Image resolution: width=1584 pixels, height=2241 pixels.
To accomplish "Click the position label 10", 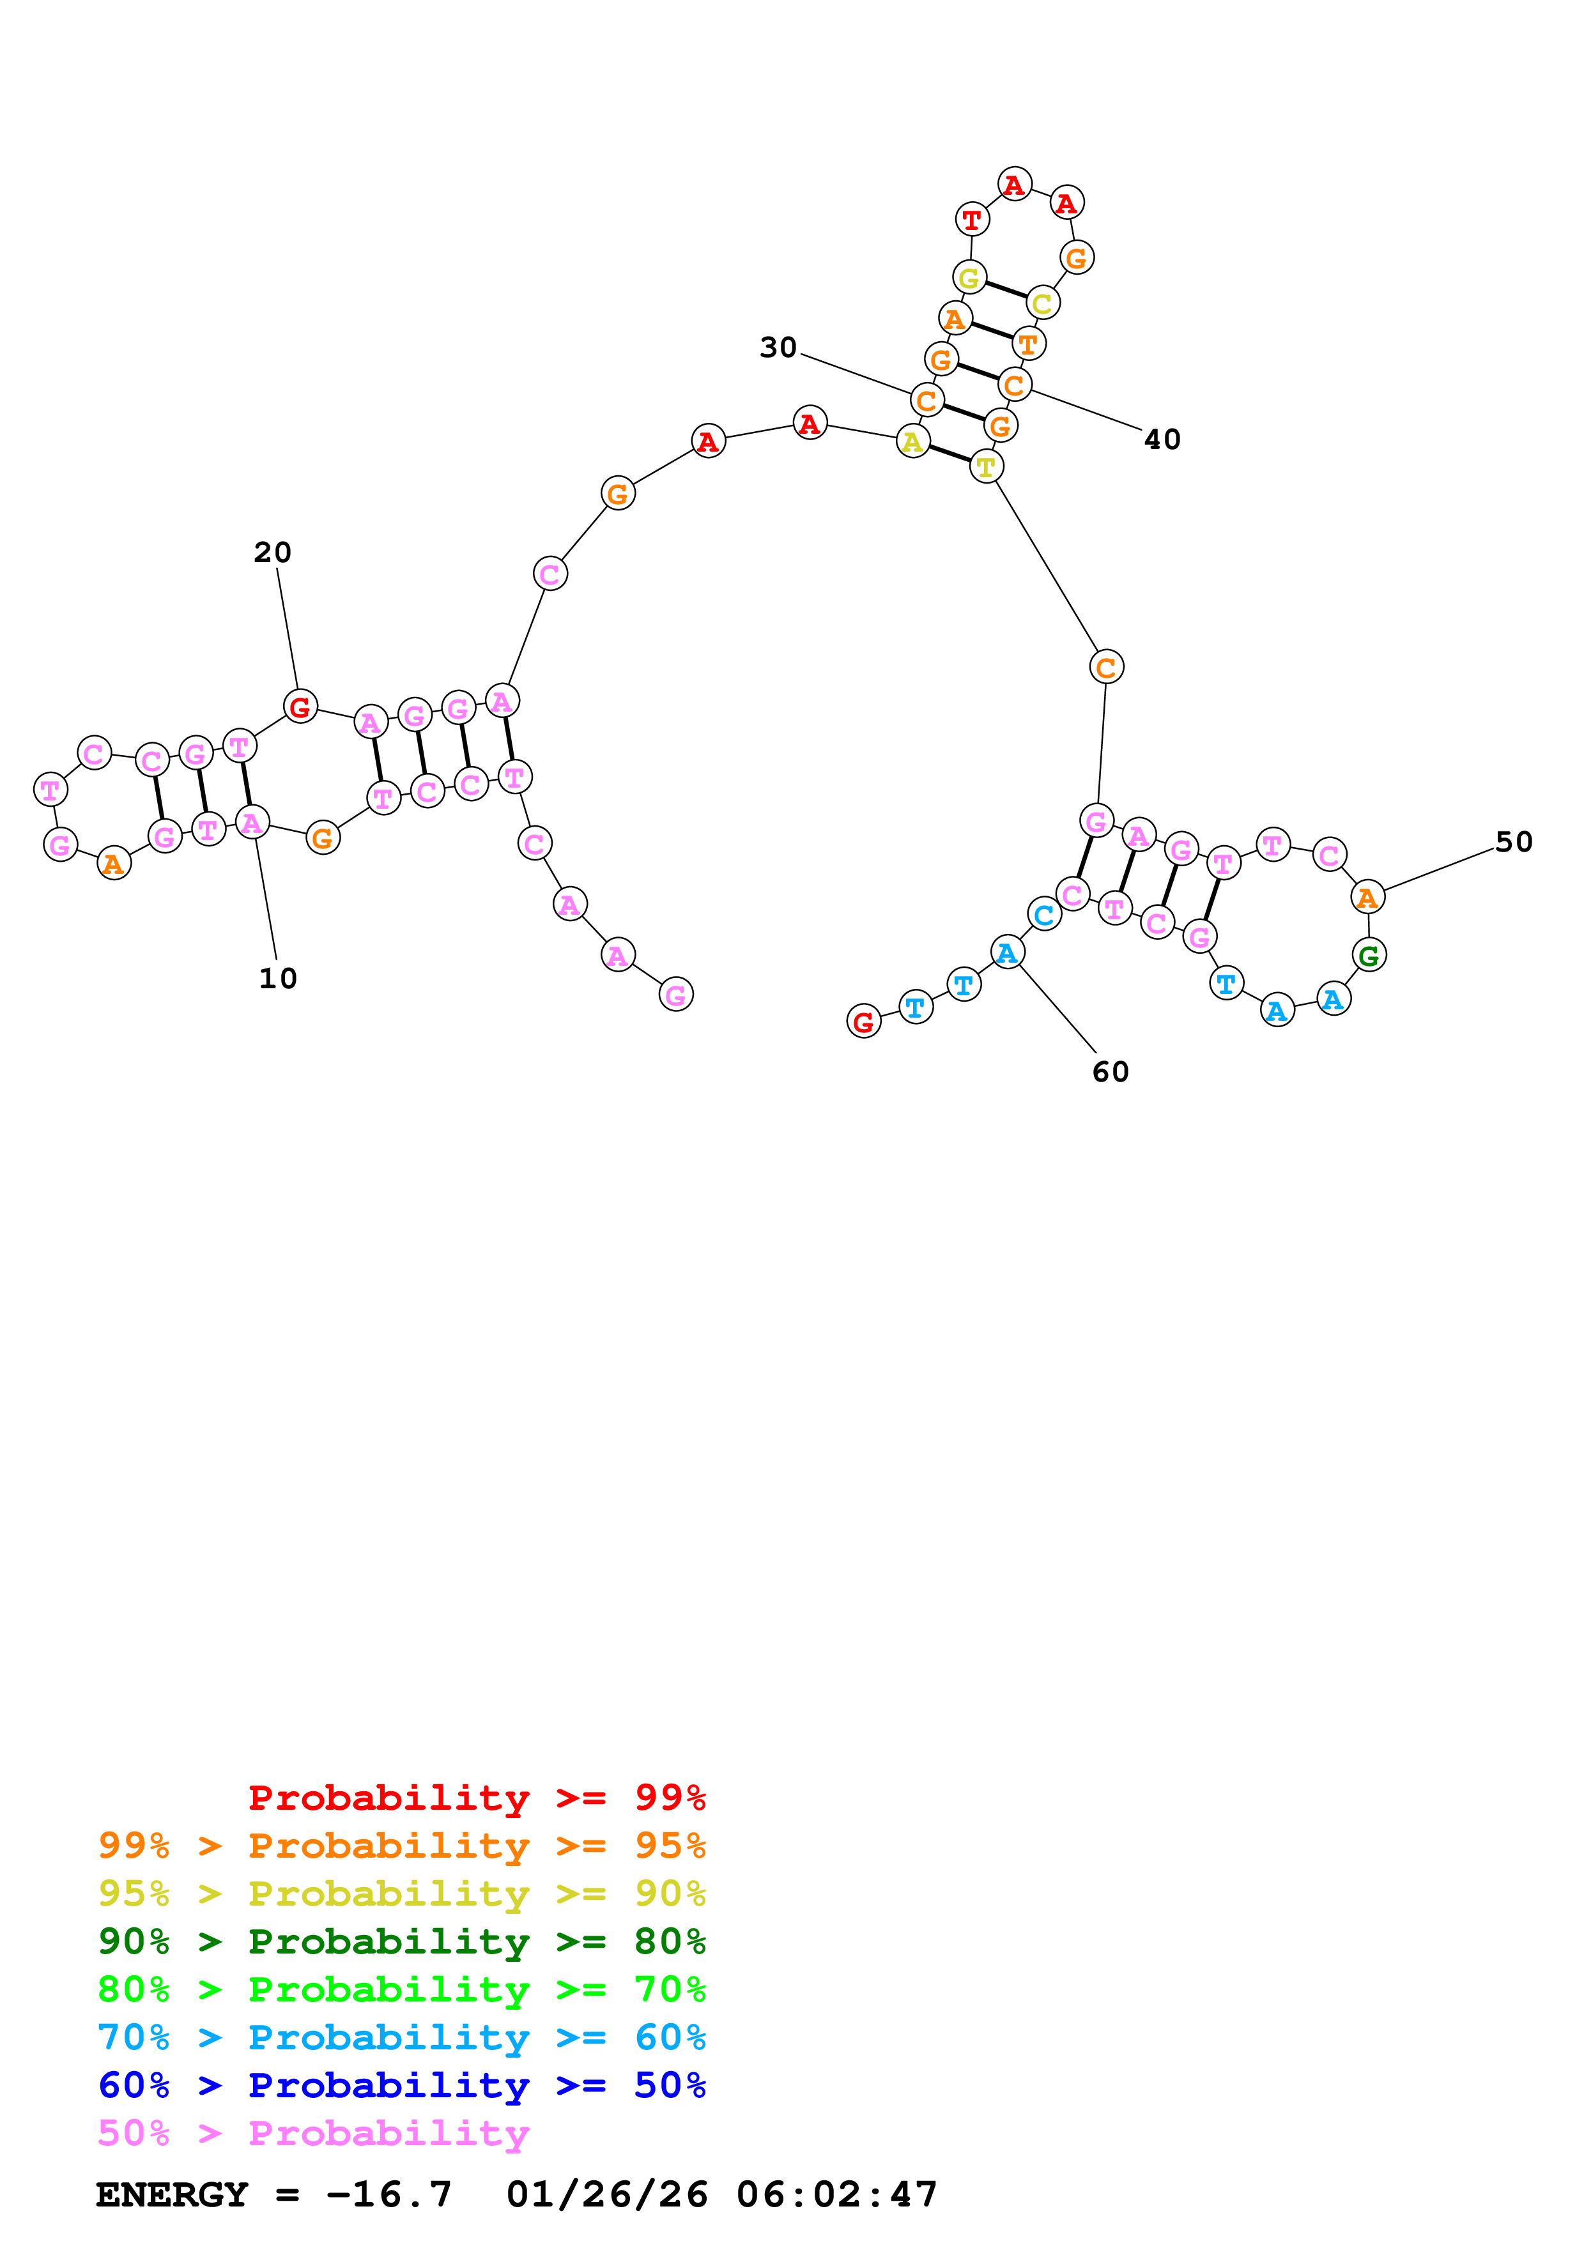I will coord(277,978).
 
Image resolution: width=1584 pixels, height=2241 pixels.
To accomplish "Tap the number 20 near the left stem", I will coord(272,553).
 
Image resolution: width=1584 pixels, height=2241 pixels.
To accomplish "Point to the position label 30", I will coord(778,348).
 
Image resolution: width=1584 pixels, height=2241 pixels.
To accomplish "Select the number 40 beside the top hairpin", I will coord(1162,440).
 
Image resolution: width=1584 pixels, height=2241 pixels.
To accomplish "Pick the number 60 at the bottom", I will coord(1110,1072).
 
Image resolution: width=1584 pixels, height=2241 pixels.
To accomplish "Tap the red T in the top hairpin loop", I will coord(972,220).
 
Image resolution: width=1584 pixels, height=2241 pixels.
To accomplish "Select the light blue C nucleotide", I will coord(1043,915).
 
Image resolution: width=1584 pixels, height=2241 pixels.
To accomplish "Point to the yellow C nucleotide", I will coord(1042,303).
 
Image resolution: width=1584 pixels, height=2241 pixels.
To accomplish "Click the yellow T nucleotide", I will coord(986,468).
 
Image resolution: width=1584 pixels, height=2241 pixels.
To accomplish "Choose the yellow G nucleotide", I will coord(969,278).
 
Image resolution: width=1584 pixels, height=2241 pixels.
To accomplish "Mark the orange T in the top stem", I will coord(1027,344).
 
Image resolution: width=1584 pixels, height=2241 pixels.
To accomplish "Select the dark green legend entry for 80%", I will coord(401,1941).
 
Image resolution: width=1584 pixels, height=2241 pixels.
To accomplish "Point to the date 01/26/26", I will coord(606,2194).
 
